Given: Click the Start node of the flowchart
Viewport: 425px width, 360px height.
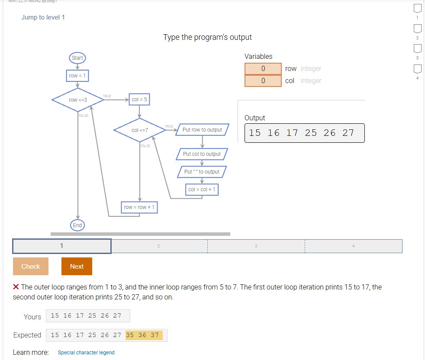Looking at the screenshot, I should [77, 58].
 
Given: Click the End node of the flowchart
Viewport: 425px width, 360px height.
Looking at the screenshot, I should [77, 225].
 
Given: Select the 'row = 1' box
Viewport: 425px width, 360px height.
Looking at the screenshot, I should [77, 76].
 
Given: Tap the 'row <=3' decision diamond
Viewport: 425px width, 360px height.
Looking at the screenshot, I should [78, 100].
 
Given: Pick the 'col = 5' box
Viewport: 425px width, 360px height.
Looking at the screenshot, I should [139, 100].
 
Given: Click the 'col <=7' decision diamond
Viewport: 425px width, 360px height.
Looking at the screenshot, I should [139, 130].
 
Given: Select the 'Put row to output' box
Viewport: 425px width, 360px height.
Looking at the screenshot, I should [202, 130].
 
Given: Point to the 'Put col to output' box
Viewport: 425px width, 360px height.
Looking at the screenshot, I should [202, 154].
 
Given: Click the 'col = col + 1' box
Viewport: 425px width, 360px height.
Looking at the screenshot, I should [202, 190].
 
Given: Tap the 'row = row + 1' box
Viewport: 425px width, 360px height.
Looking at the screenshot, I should [139, 207].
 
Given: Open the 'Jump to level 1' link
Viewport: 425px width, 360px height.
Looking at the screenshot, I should [43, 17].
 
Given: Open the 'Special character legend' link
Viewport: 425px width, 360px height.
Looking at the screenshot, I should [86, 353].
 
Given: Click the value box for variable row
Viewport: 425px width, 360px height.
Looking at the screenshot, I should [263, 69].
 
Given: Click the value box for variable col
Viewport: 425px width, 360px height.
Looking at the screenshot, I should [263, 81].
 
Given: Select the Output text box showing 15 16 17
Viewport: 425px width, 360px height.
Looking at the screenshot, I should [304, 133].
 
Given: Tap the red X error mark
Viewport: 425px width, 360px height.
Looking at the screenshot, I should [16, 287].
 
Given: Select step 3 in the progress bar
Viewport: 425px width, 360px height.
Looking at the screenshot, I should [256, 246].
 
